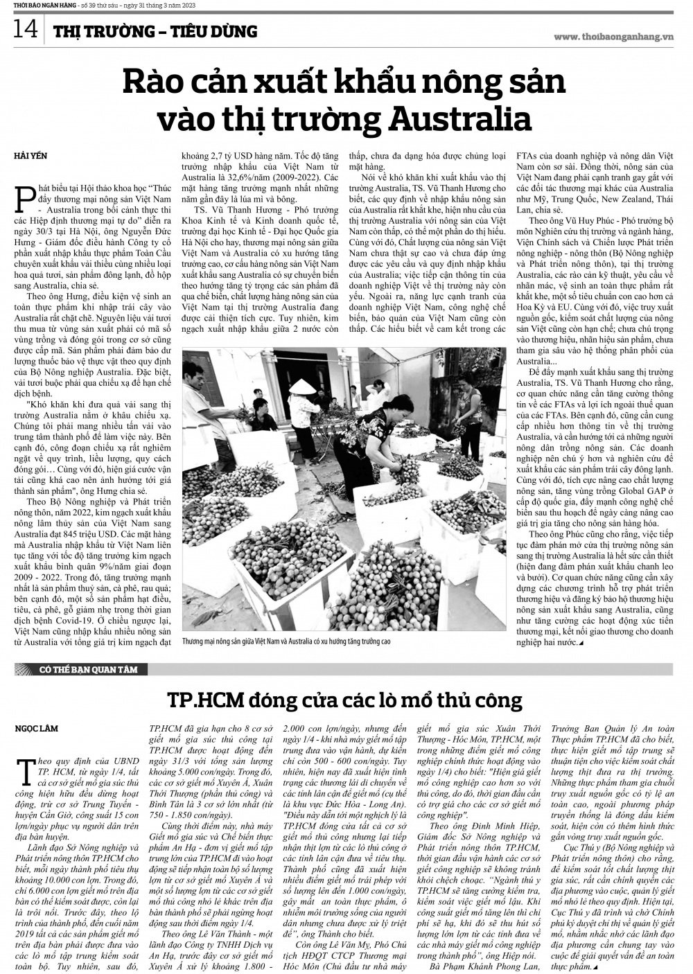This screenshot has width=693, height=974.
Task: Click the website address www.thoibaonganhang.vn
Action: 613,37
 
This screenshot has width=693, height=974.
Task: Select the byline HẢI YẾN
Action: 30,156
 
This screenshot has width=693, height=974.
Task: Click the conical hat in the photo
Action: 301,386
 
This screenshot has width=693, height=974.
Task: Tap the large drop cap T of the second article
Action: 26,768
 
